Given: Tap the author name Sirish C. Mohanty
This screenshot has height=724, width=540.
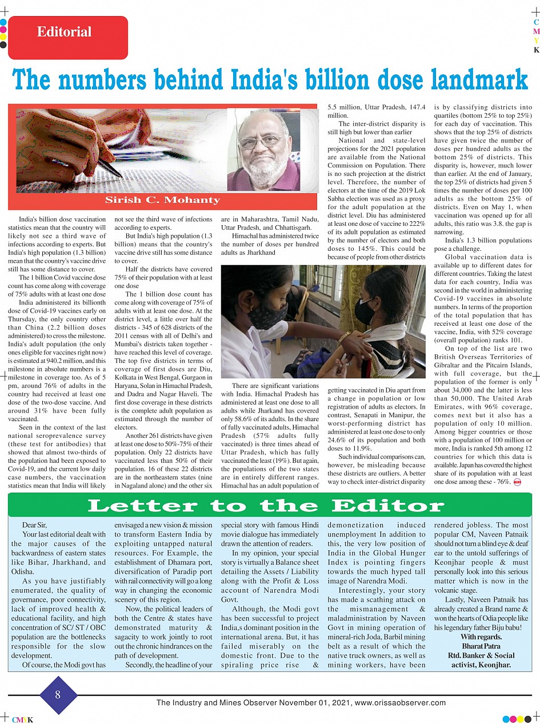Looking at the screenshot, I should [x=162, y=200].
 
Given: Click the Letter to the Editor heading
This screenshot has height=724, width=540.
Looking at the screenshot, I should [x=266, y=505].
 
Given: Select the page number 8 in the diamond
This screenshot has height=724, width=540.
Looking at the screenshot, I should [x=58, y=695].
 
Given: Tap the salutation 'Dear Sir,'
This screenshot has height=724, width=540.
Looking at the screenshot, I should [x=35, y=525].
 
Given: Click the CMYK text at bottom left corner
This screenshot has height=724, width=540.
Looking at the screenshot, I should [x=22, y=720].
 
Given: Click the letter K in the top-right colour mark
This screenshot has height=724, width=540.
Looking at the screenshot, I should [x=536, y=50].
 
